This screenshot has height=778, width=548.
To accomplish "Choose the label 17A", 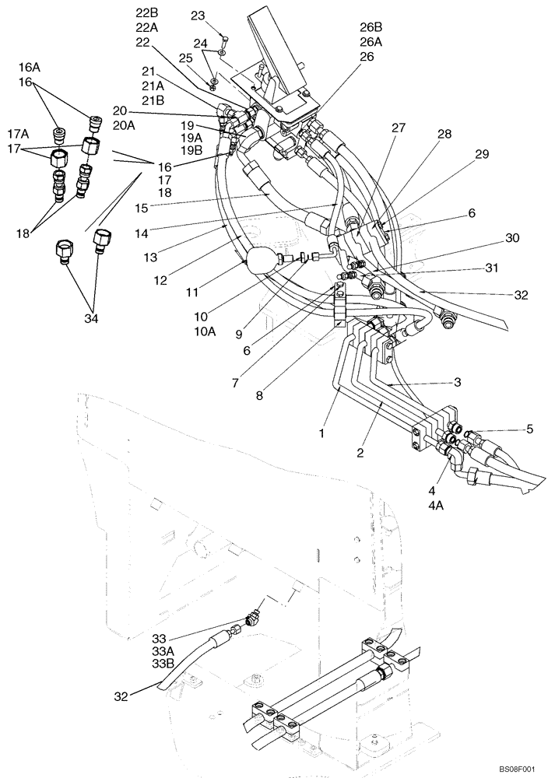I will pyautogui.click(x=28, y=132).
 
